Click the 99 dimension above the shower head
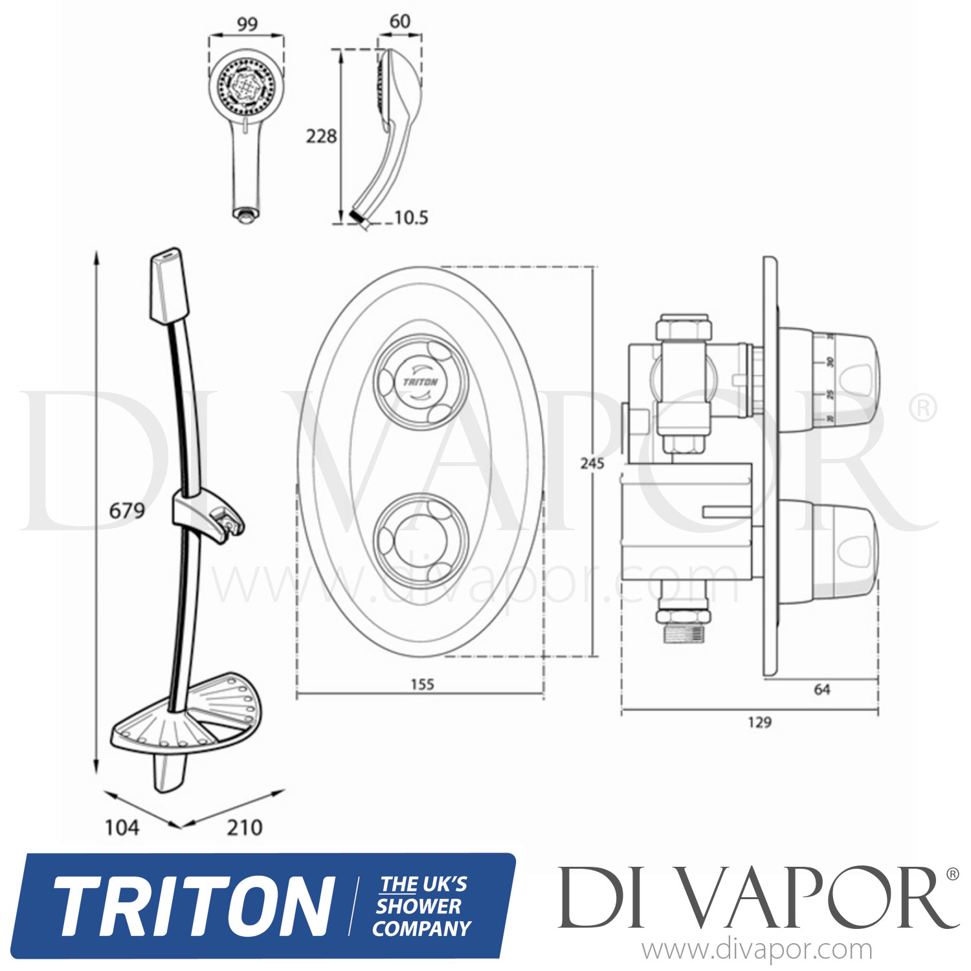(x=247, y=25)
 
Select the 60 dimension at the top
(x=399, y=21)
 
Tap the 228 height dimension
(x=322, y=136)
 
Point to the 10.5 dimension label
(x=411, y=218)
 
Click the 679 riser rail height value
(x=127, y=511)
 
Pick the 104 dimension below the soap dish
(x=122, y=827)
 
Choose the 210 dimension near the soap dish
(x=245, y=827)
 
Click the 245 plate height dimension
(x=592, y=463)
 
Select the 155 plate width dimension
(x=422, y=684)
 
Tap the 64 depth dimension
(x=821, y=690)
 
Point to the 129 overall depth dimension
(x=759, y=722)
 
